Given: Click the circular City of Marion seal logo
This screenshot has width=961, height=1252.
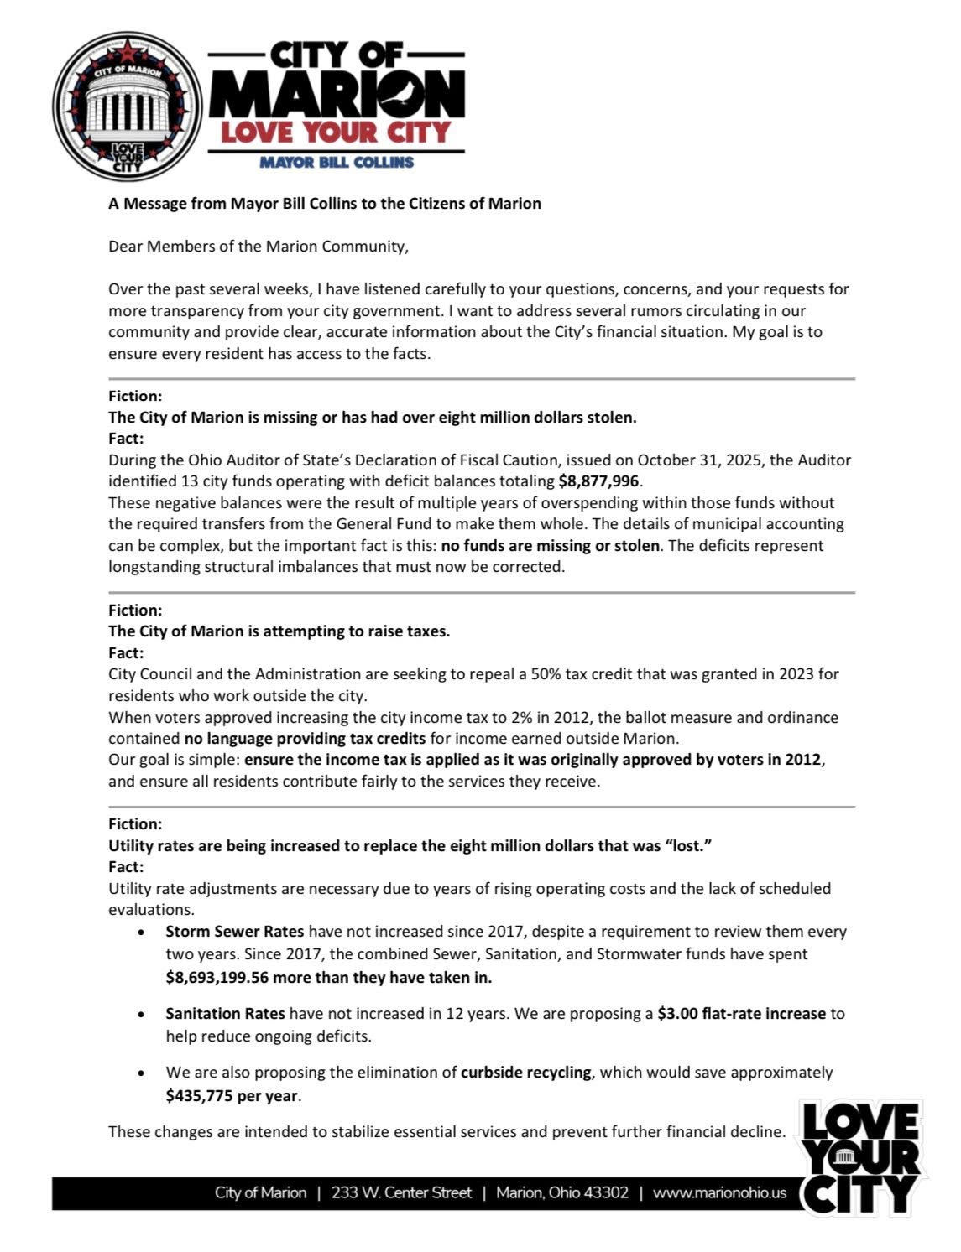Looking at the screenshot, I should pyautogui.click(x=128, y=106).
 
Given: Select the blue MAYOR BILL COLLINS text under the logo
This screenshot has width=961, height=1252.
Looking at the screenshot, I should pyautogui.click(x=336, y=162).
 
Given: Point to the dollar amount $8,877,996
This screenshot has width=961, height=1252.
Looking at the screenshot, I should pyautogui.click(x=598, y=481).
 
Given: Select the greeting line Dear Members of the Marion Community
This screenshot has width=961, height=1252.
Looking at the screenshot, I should pyautogui.click(x=258, y=246).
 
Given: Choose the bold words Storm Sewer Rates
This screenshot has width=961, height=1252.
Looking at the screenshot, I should pyautogui.click(x=234, y=931).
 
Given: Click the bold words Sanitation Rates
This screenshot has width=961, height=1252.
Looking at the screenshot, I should pyautogui.click(x=225, y=1013).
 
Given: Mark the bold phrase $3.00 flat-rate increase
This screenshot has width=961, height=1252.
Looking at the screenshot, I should pyautogui.click(x=741, y=1013).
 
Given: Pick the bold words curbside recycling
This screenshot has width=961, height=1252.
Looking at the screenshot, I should pyautogui.click(x=525, y=1072).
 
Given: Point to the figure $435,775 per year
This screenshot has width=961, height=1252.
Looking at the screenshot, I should pyautogui.click(x=232, y=1095).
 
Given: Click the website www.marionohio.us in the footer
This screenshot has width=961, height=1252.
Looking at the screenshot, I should pyautogui.click(x=719, y=1192).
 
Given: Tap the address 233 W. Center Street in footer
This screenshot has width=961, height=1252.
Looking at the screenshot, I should pyautogui.click(x=401, y=1192).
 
